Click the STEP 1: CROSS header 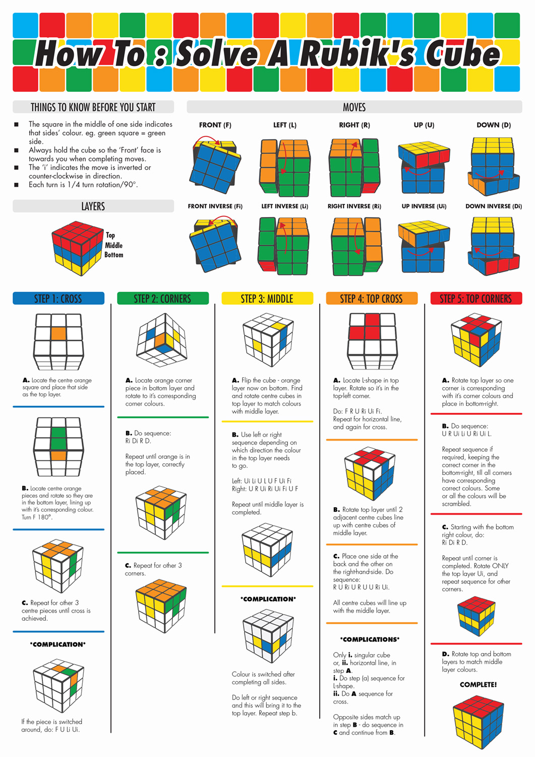click(x=58, y=299)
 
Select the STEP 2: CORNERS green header click(x=162, y=299)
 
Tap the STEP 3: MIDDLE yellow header click(x=267, y=299)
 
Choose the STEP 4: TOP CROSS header click(x=372, y=299)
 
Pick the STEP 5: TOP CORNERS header click(x=476, y=299)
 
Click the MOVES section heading click(x=354, y=107)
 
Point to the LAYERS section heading click(x=93, y=206)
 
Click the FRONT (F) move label click(x=215, y=125)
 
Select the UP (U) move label click(x=424, y=125)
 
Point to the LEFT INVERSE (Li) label click(x=284, y=206)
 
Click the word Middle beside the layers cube click(x=113, y=245)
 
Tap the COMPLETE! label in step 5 click(x=478, y=685)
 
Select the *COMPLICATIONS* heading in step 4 click(x=370, y=639)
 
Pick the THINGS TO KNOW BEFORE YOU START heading click(x=93, y=107)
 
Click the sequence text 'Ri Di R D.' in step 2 click(x=138, y=441)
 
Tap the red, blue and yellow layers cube click(x=77, y=248)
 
